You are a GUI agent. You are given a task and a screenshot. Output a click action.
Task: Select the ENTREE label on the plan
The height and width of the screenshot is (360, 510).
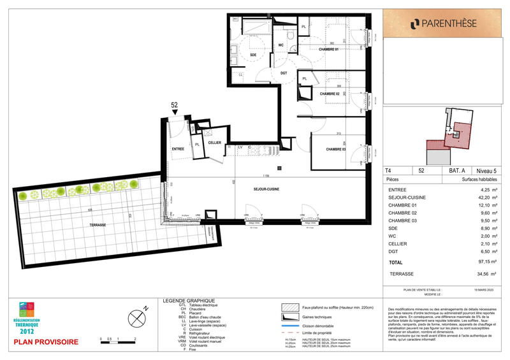pos(178,148)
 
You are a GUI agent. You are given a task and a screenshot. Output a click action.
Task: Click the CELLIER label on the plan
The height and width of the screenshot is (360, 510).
pos(214,143)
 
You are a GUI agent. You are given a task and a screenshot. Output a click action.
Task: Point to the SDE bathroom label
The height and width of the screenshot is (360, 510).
pos(252,55)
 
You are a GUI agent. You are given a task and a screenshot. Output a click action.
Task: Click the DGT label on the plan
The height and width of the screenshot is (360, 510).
pos(285,73)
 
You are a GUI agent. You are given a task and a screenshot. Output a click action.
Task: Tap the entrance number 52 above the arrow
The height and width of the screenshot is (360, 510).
pos(174,106)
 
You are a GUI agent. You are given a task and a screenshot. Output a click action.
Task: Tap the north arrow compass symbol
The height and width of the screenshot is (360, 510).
pos(139,316)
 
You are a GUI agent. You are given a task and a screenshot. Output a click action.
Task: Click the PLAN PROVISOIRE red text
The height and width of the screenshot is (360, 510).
pos(47,342)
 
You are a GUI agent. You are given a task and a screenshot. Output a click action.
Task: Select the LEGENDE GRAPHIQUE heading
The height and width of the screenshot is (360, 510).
pos(189,301)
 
